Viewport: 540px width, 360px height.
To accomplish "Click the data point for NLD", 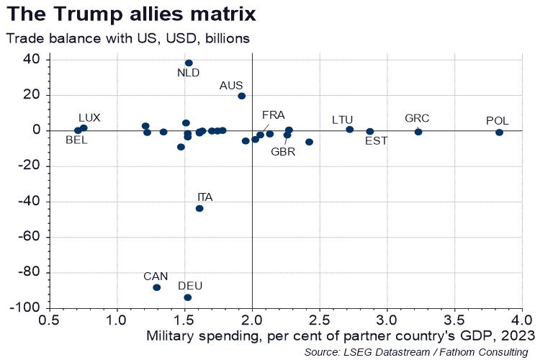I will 189,63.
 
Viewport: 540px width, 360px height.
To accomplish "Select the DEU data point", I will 188,297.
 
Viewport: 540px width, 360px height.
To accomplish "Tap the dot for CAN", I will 156,287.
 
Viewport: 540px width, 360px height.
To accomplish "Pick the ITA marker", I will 199,208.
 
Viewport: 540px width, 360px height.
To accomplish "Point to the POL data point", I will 499,132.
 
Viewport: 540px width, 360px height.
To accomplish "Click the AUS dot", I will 242,96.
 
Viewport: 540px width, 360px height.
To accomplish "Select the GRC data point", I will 418,132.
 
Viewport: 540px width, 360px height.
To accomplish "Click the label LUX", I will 89,117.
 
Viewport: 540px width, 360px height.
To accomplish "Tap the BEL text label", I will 76,140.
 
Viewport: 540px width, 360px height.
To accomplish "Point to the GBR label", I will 282,151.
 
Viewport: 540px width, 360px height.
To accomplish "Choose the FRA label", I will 273,114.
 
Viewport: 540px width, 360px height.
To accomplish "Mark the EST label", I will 376,141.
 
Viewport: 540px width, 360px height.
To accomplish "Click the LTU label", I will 343,120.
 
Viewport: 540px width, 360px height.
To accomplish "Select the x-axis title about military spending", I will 341,335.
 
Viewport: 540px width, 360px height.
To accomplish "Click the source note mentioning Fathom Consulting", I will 416,351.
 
